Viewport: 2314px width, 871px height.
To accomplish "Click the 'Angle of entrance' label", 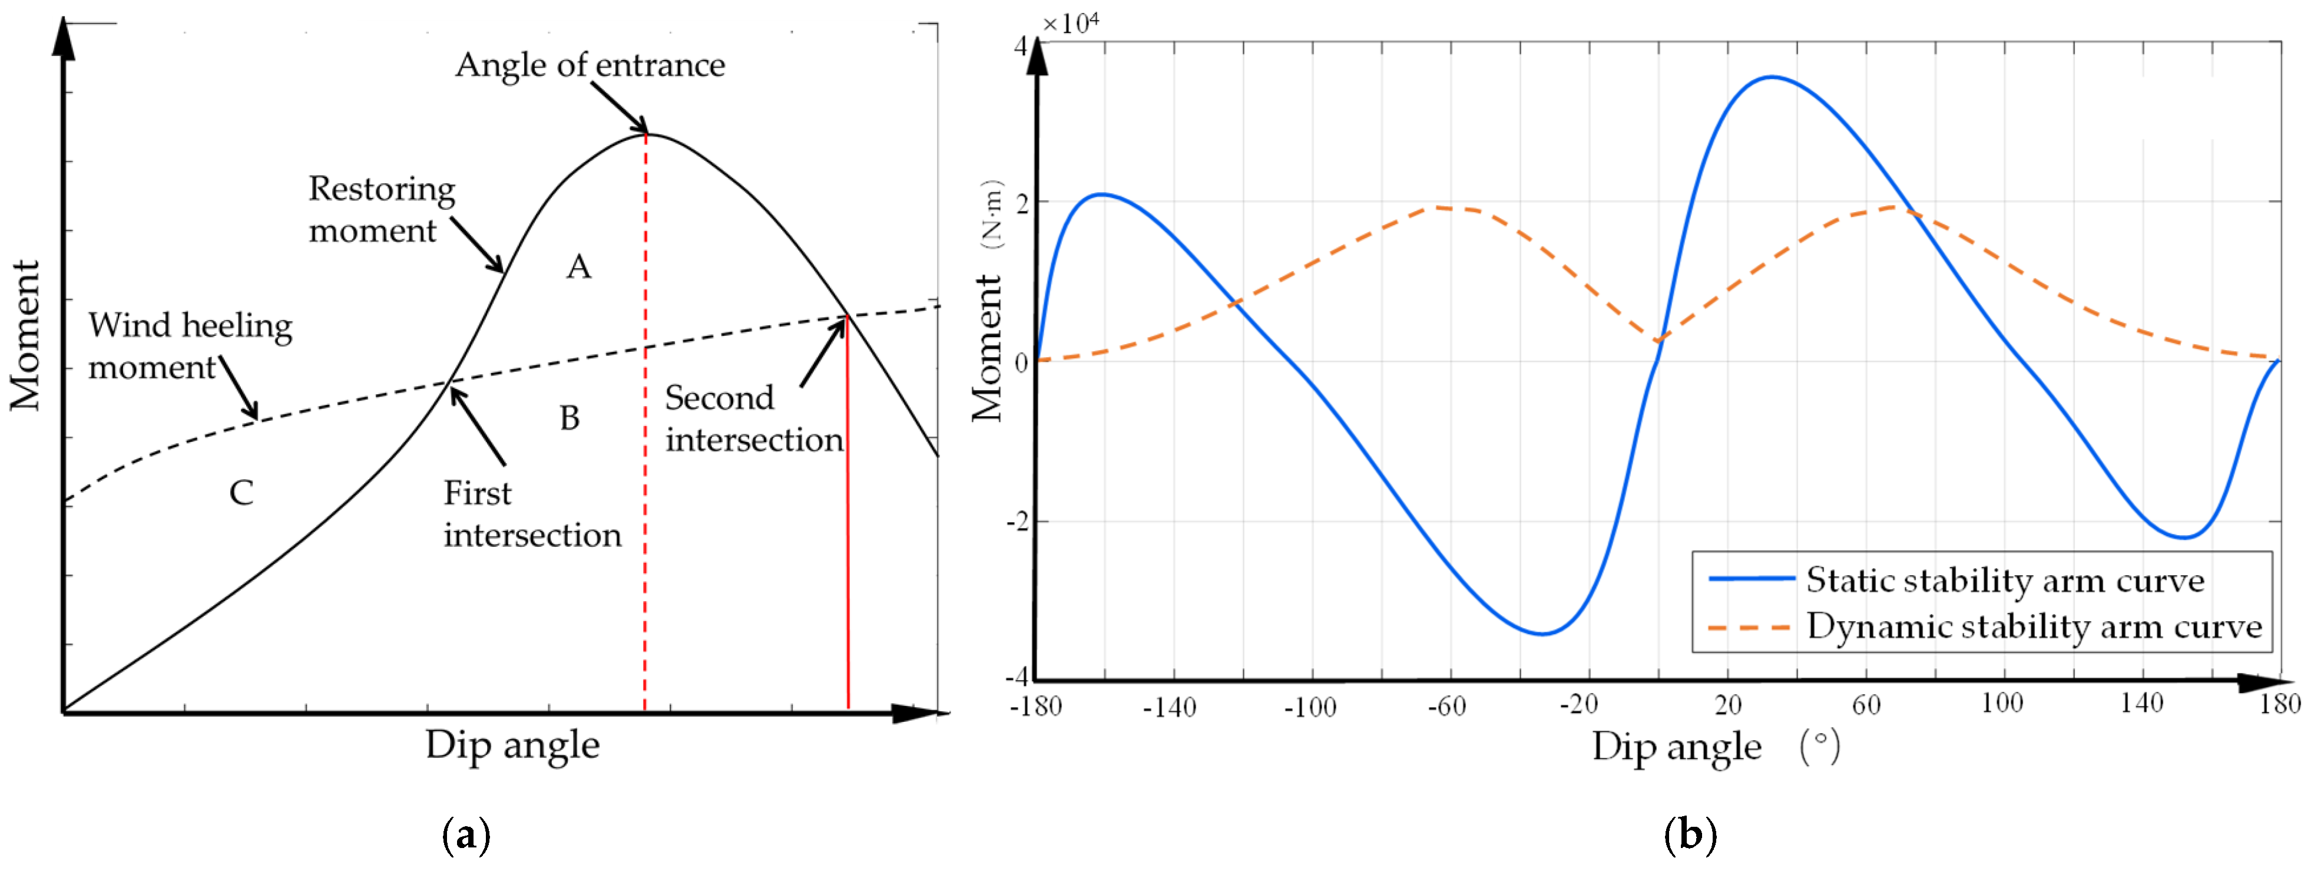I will point(590,65).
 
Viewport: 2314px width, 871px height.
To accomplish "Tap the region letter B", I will point(570,418).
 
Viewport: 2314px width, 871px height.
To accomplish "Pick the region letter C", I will point(241,493).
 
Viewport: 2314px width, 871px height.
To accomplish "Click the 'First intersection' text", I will point(532,514).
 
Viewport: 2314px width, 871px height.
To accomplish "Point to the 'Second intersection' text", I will point(753,419).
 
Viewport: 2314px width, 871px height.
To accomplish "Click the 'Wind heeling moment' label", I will point(190,346).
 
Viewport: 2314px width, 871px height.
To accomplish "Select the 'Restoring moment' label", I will point(381,209).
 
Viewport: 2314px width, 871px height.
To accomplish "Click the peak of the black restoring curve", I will point(647,135).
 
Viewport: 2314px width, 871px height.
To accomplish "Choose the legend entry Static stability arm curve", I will point(2004,580).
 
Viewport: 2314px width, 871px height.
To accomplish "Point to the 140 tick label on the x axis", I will point(2141,704).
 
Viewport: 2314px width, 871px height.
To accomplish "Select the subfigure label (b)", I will point(1690,835).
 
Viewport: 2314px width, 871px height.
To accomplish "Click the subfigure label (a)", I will point(467,835).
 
